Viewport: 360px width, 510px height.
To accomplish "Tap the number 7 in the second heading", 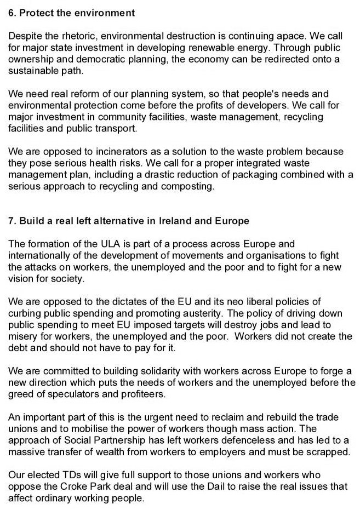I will (x=11, y=221).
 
